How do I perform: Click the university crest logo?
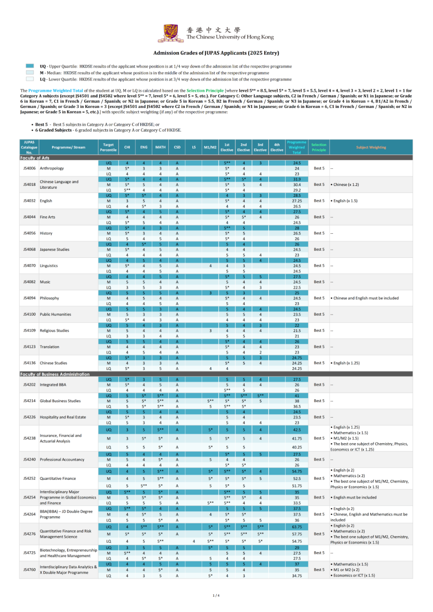coord(171,33)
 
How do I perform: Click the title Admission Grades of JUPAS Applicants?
coord(216,53)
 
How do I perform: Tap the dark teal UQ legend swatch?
coord(30,66)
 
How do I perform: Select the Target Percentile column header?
coord(108,147)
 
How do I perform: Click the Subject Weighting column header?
coord(371,147)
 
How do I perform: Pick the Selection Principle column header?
coord(319,147)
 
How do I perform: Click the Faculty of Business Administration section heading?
coord(55,374)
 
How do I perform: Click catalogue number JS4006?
coord(29,168)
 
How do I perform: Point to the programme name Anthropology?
coord(52,168)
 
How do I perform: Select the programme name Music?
coord(45,282)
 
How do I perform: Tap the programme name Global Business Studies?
coord(60,401)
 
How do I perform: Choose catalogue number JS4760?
coord(29,570)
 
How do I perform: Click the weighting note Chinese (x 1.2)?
coord(346,185)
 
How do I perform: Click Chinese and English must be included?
coord(366,298)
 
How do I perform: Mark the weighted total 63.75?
coord(297,527)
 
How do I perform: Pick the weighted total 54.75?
coord(297,471)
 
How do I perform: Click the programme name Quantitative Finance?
coord(58,479)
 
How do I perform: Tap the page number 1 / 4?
coord(216,596)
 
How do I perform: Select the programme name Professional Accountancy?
coord(62,460)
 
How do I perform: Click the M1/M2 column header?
coord(210,147)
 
